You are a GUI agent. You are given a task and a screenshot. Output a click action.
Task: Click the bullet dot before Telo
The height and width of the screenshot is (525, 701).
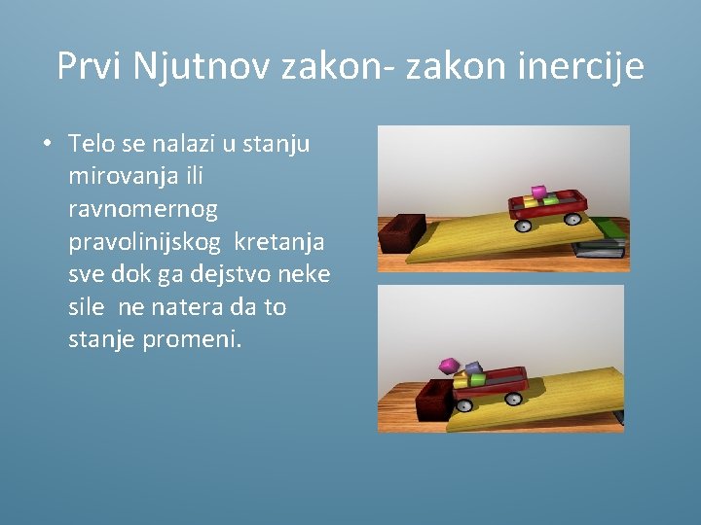46,145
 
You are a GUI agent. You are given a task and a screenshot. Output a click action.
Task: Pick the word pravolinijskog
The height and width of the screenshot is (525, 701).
145,241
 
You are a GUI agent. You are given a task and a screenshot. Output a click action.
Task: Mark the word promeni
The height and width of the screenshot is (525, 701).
195,340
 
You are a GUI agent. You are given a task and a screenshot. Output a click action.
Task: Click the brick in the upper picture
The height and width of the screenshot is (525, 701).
401,234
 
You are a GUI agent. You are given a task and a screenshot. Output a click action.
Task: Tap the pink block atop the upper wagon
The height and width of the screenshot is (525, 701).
538,192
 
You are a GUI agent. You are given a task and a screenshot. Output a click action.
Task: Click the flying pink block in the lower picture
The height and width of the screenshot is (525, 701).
448,366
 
